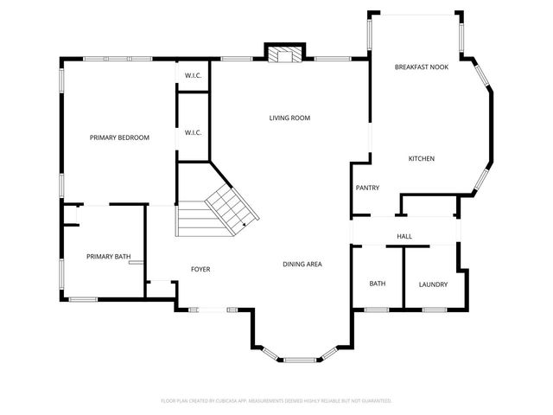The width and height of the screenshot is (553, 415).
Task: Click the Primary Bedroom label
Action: (x=120, y=137)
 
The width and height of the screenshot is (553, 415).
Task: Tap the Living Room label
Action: (x=289, y=118)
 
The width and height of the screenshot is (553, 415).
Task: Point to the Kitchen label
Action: (x=421, y=158)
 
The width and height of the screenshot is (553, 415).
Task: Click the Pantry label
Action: (x=367, y=188)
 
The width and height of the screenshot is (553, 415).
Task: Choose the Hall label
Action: (x=404, y=235)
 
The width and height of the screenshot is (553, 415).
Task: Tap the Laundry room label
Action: (x=433, y=284)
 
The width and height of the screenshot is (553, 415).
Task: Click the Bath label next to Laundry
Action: (x=378, y=284)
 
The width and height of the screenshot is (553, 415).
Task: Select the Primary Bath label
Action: (x=108, y=257)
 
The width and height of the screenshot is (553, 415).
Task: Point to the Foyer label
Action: (x=200, y=269)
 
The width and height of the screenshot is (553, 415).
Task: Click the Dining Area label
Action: (x=302, y=264)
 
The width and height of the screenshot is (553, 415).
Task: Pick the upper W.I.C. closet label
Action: (x=193, y=75)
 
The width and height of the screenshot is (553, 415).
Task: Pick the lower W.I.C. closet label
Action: (x=193, y=132)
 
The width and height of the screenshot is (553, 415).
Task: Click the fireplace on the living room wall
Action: (x=284, y=55)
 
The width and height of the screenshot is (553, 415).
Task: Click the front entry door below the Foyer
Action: (x=209, y=310)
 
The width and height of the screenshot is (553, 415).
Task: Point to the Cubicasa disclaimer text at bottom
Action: (x=276, y=401)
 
